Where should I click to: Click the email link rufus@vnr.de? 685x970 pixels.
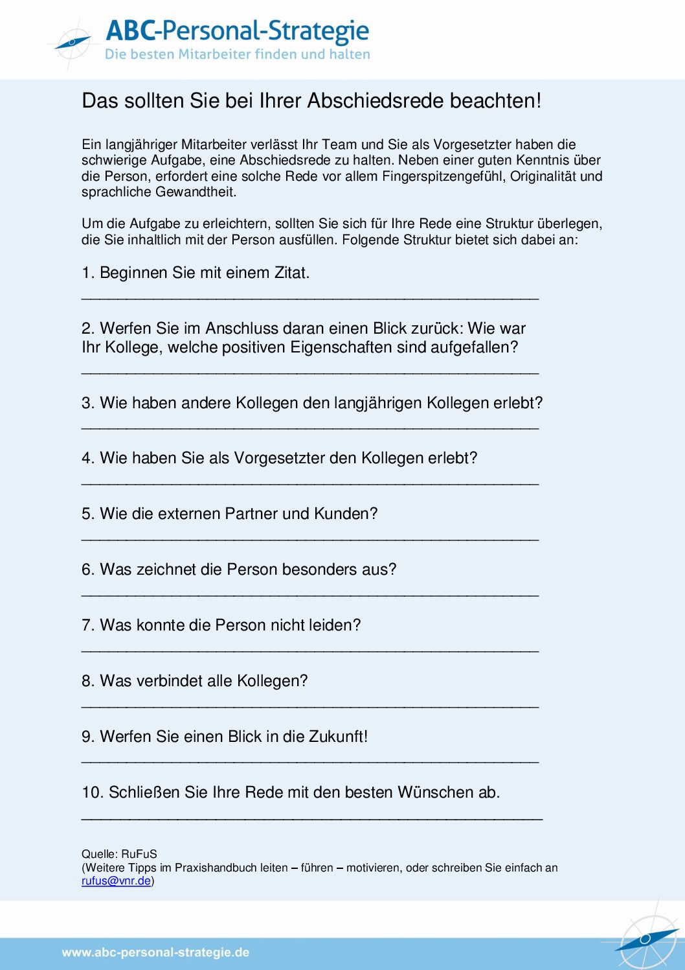(116, 881)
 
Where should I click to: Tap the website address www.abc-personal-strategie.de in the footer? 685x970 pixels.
(155, 953)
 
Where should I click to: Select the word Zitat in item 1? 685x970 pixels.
(291, 273)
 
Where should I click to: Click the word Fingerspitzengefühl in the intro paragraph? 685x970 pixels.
(444, 176)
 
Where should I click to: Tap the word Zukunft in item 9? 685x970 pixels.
(338, 737)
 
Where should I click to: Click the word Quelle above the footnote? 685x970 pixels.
(98, 854)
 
